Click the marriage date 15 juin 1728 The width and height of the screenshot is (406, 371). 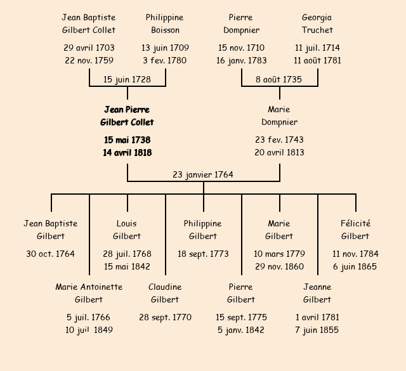pos(127,79)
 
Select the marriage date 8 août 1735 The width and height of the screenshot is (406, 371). pos(279,79)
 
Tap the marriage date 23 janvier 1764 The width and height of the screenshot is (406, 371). pos(203,174)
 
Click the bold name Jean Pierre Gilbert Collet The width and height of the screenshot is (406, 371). pos(127,116)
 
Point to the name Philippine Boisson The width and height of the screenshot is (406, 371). pos(165,24)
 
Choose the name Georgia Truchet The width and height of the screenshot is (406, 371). pos(317,24)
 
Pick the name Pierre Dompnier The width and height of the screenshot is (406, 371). pos(241,24)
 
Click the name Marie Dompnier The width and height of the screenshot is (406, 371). pos(279,116)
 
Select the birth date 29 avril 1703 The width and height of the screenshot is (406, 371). pos(89,48)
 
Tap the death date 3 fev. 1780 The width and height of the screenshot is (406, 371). pos(165,60)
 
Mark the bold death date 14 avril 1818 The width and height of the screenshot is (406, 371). pos(127,152)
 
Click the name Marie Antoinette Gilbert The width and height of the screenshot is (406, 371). pos(89,293)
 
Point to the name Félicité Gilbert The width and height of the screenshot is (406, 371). pos(355,230)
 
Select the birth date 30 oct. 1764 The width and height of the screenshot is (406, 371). pos(51,254)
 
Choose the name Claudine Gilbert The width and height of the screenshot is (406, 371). pos(165,293)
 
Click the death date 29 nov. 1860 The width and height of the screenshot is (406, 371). pos(279,266)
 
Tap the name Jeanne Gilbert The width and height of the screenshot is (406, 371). pos(317,293)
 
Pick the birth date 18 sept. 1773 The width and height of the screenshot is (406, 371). pos(203,254)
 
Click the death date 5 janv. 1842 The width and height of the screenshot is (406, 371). pos(241,330)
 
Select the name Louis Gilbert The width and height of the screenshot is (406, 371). pos(127,230)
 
